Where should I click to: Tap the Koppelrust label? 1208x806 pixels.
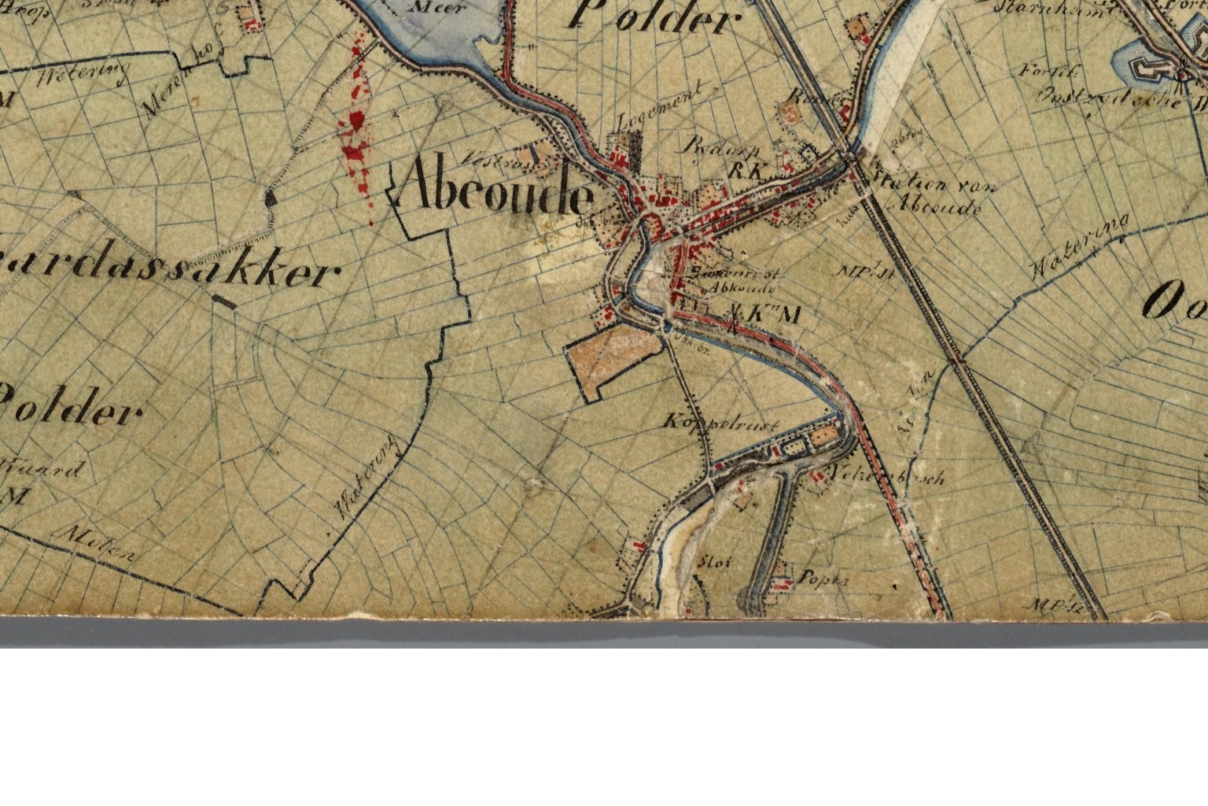point(721,423)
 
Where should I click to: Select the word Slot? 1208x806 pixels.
point(715,563)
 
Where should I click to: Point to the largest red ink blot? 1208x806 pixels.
point(355,122)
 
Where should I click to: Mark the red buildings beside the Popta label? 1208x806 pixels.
point(781,582)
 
